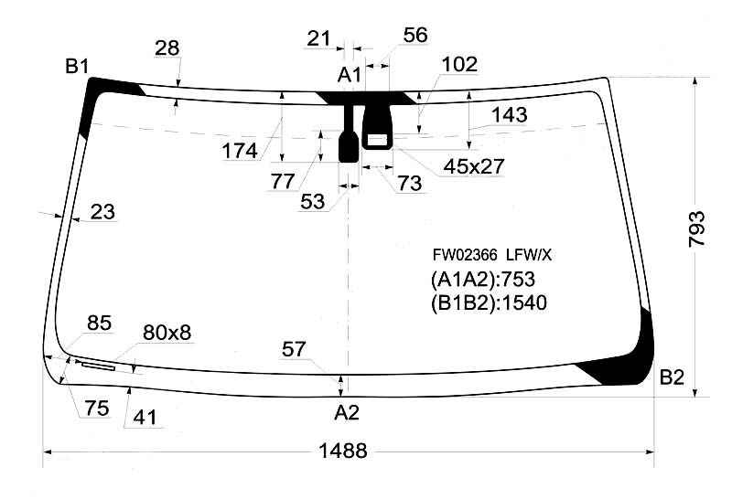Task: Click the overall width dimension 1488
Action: click(x=342, y=451)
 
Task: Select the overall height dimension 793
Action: click(x=696, y=228)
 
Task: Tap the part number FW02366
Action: click(x=465, y=255)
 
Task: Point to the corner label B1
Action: click(x=77, y=66)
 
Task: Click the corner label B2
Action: click(x=672, y=377)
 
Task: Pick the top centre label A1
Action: click(x=350, y=75)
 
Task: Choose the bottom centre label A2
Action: click(x=347, y=413)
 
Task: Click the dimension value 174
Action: click(x=240, y=151)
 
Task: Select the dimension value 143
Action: click(x=510, y=115)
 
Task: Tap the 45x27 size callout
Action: click(x=474, y=166)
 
